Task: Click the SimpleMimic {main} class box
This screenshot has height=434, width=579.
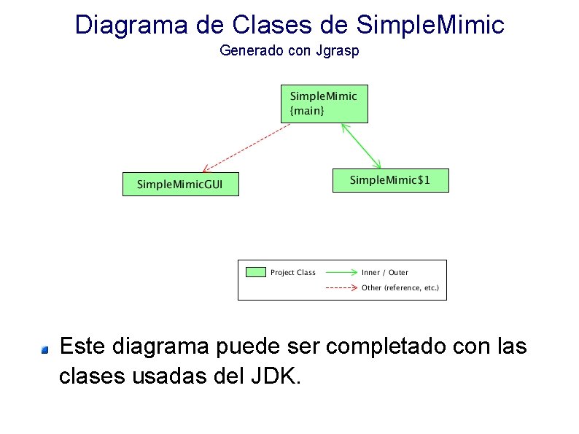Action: (x=325, y=104)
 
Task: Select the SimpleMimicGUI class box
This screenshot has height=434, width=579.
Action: (x=180, y=184)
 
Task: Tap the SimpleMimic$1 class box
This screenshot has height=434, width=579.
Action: (x=390, y=180)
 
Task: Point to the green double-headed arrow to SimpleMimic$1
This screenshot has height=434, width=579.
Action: (x=362, y=147)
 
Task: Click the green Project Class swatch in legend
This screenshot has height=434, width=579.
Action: (x=255, y=272)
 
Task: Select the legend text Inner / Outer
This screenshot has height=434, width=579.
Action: (x=384, y=272)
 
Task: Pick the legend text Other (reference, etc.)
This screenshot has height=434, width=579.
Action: (x=400, y=287)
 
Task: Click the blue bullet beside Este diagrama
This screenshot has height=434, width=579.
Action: (x=44, y=350)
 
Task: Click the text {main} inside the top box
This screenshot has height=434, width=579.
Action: (x=307, y=111)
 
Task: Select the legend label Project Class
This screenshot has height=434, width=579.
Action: (x=292, y=272)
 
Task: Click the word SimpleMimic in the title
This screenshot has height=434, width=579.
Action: (x=430, y=25)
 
